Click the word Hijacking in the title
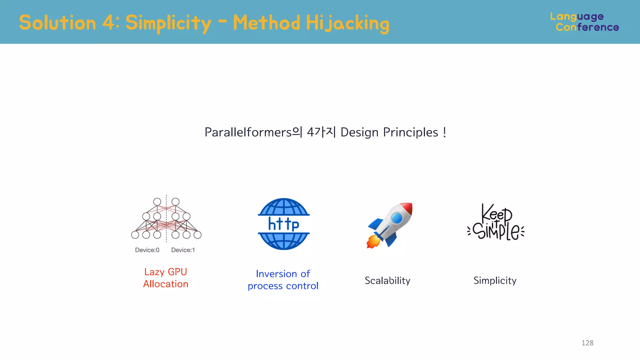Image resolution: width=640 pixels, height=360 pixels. [x=347, y=23]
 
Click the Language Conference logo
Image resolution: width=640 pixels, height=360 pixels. [x=584, y=22]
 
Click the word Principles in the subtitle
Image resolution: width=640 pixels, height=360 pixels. [x=410, y=132]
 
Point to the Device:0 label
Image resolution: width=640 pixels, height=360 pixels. [x=147, y=250]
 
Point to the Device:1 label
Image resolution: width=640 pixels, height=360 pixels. [x=183, y=250]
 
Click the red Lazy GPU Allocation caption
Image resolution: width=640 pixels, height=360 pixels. [x=166, y=278]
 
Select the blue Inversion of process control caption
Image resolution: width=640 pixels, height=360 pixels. [x=283, y=280]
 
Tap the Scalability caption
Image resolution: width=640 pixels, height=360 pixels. [x=387, y=280]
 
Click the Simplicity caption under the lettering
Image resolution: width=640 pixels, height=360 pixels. [x=495, y=280]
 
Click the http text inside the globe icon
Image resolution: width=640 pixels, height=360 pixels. [x=283, y=224]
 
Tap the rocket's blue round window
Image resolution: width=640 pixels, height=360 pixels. [x=397, y=218]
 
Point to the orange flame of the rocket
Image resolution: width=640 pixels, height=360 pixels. [x=373, y=242]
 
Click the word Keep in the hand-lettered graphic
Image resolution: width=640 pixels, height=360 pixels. [x=496, y=213]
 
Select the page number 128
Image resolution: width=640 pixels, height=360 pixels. [x=587, y=343]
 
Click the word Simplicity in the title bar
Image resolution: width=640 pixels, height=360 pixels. [x=168, y=23]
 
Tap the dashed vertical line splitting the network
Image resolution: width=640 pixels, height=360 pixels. [x=166, y=219]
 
